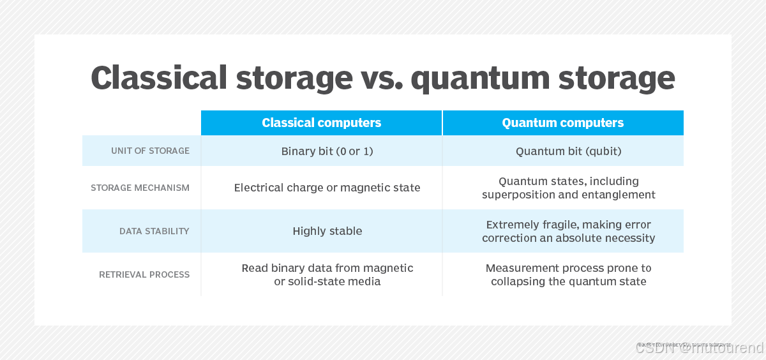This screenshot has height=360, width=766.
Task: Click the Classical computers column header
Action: [321, 123]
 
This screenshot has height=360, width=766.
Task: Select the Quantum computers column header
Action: [562, 123]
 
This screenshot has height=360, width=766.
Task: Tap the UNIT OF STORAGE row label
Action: [150, 151]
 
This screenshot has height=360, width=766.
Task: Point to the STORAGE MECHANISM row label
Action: [140, 188]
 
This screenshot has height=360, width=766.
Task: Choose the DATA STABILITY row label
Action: [154, 231]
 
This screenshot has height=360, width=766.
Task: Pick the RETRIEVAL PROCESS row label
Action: [144, 274]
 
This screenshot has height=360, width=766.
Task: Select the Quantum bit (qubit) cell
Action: [568, 151]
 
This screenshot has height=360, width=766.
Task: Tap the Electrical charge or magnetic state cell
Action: [327, 188]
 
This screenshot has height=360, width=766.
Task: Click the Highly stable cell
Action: [327, 231]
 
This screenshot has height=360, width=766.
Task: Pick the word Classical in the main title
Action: [159, 78]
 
